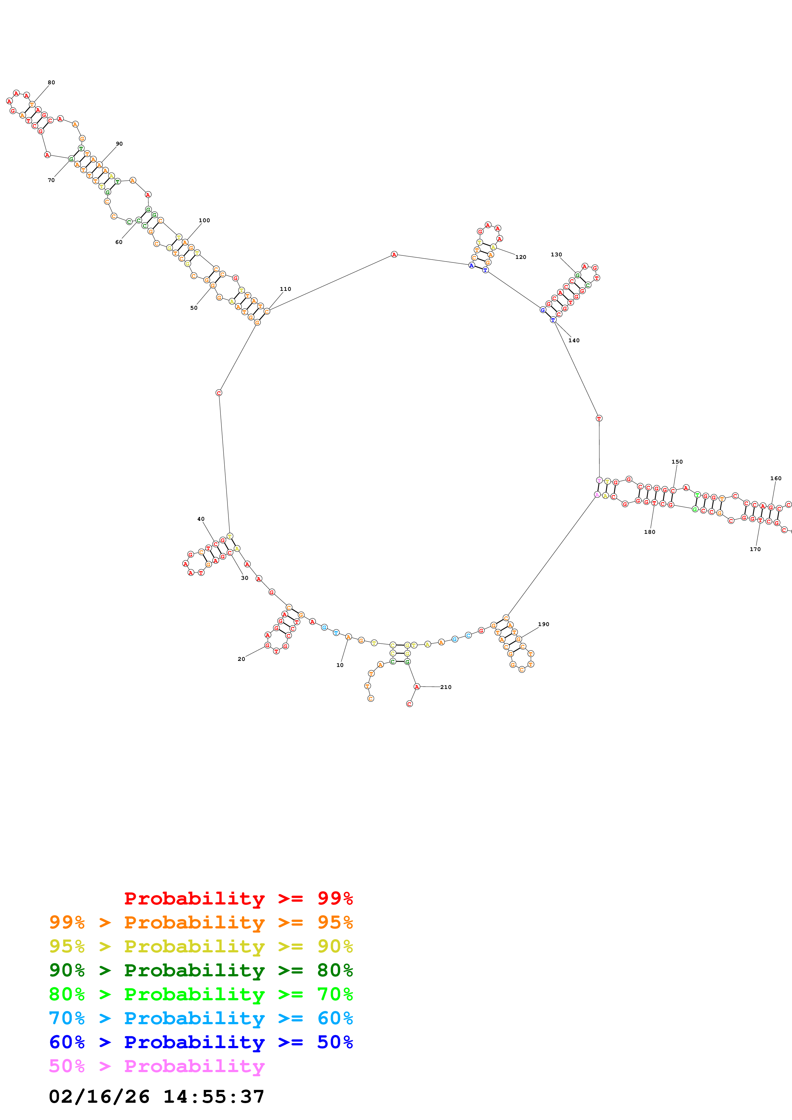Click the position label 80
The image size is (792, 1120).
[51, 82]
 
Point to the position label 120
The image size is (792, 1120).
[521, 257]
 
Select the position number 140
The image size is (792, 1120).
[574, 340]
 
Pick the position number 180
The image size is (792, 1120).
[650, 532]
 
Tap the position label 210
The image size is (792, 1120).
[446, 687]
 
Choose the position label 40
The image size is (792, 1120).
[201, 519]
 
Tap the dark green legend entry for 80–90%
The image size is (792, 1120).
[201, 970]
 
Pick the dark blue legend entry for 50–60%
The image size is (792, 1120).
[201, 1042]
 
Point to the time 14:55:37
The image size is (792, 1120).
[214, 1097]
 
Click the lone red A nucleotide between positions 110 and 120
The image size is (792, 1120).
[394, 255]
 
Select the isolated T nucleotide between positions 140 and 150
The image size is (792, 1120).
[599, 418]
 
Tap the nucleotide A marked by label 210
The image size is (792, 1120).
[417, 687]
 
